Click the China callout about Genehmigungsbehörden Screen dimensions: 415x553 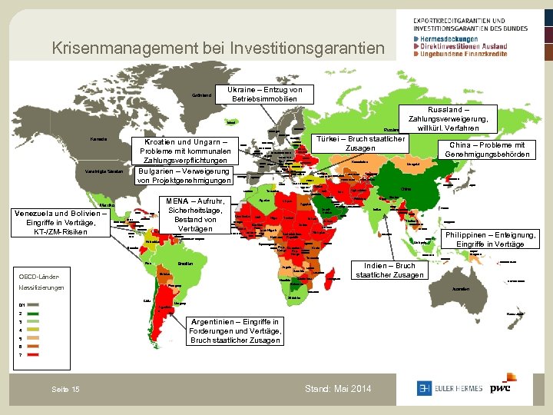pyautogui.click(x=487, y=150)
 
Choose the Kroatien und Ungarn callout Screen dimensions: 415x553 pyautogui.click(x=182, y=151)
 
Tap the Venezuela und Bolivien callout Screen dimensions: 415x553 pyautogui.click(x=60, y=223)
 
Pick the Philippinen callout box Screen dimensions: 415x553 pyautogui.click(x=487, y=239)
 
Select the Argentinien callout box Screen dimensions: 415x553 pyautogui.click(x=236, y=330)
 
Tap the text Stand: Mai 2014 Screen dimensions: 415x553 pyautogui.click(x=338, y=389)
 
